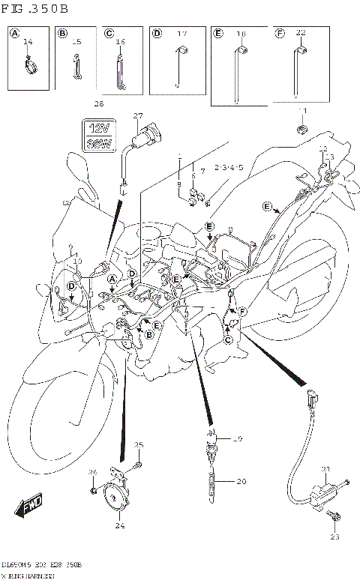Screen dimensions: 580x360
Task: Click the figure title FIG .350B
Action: click(35, 10)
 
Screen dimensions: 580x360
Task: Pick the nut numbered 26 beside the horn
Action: click(92, 491)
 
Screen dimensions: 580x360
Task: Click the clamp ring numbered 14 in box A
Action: click(28, 68)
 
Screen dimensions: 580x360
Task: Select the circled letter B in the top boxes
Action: click(63, 33)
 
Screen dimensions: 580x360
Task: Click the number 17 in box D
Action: click(181, 34)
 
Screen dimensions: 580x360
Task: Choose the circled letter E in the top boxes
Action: click(218, 33)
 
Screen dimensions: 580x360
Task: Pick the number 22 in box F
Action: click(301, 34)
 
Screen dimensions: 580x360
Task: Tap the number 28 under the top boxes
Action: click(99, 103)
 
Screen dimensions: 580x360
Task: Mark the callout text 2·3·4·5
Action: click(228, 168)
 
